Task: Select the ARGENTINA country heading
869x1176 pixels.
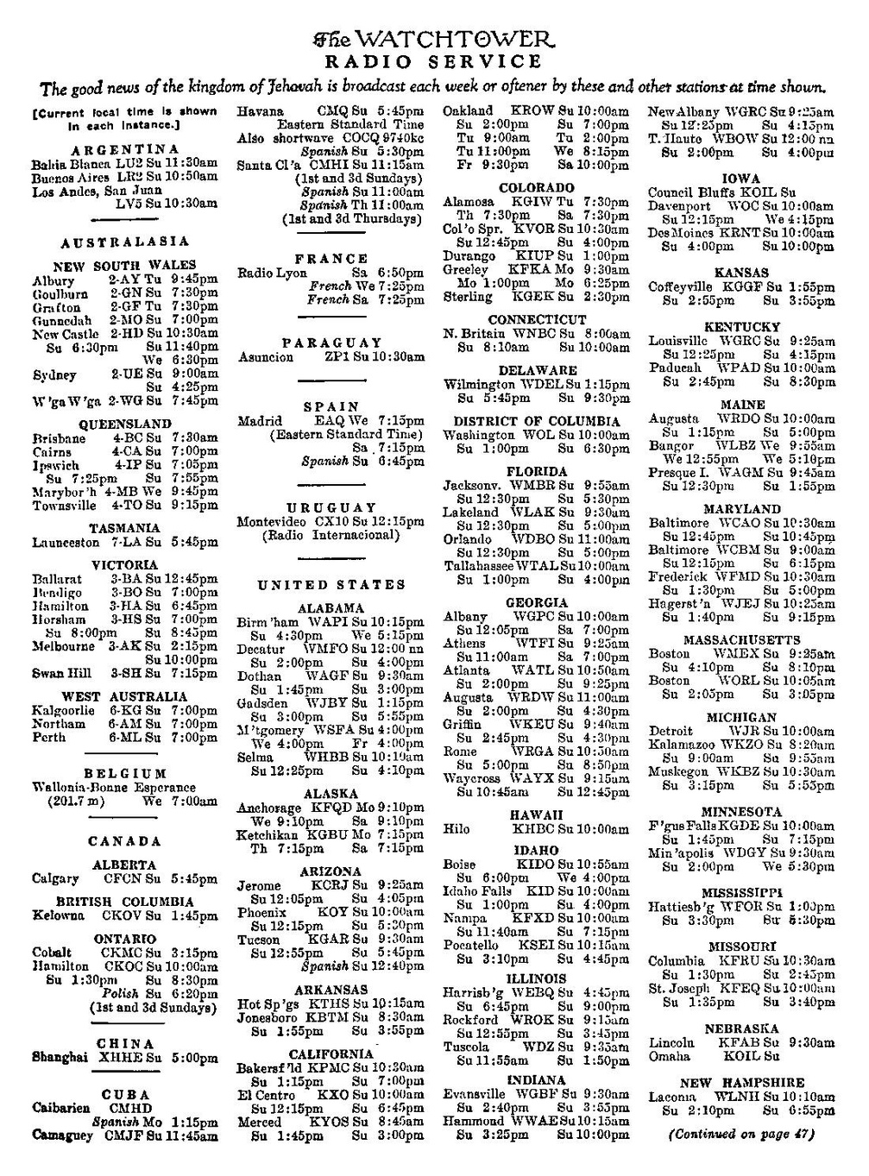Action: tap(125, 149)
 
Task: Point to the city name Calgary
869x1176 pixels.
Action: tap(55, 879)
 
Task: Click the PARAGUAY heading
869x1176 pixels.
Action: tap(331, 343)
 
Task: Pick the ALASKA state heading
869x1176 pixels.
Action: tap(331, 794)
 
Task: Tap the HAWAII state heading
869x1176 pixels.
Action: tap(536, 814)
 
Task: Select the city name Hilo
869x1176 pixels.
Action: tap(457, 829)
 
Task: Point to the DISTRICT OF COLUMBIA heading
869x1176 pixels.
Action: tap(536, 421)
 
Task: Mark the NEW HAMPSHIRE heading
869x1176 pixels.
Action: tap(741, 1083)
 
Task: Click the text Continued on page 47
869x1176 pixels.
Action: tap(741, 1135)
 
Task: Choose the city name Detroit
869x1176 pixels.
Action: tap(671, 731)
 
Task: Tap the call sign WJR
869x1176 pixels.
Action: tap(747, 731)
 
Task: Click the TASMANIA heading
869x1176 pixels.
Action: tap(124, 528)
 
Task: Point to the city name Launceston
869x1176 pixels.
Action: tap(66, 543)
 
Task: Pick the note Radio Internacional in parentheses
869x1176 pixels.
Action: tap(331, 536)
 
